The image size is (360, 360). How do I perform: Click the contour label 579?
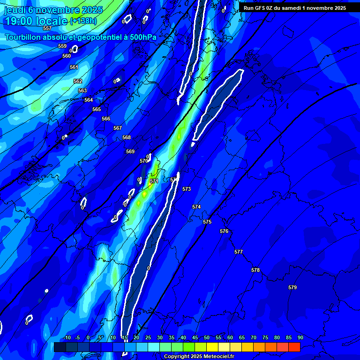click(292, 287)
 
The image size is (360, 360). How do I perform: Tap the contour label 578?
click(255, 270)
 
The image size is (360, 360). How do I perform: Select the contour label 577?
click(239, 252)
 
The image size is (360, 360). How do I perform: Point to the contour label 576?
click(224, 231)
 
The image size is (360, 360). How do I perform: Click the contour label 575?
click(207, 222)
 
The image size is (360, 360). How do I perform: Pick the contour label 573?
click(187, 189)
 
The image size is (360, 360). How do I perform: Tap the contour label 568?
click(127, 137)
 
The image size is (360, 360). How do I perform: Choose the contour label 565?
click(97, 109)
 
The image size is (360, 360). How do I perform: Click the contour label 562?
click(78, 81)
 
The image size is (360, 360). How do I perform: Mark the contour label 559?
click(62, 46)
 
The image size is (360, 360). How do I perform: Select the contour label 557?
click(47, 29)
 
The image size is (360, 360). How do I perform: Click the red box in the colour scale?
click(294, 347)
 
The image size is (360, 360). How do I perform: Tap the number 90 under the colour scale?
click(300, 337)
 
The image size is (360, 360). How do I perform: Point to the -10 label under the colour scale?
click(67, 337)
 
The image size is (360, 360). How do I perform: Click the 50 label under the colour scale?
click(207, 337)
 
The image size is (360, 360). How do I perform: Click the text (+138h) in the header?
click(83, 21)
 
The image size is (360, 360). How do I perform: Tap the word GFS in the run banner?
click(261, 8)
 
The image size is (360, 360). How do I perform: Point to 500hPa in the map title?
click(140, 37)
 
